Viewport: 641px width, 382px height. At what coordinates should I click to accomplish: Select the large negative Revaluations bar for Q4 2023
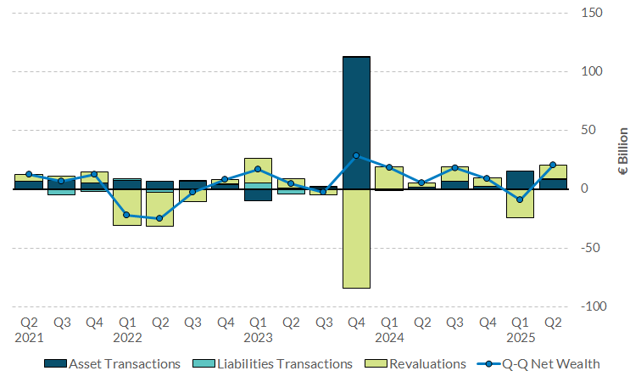356,239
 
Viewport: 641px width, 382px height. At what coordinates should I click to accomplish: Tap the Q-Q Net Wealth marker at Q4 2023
356,155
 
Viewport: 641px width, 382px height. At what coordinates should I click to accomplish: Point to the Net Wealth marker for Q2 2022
159,218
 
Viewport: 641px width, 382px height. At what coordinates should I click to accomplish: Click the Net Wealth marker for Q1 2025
520,199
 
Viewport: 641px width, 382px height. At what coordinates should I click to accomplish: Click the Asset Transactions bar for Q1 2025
520,179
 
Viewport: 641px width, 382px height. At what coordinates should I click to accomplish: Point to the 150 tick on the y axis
592,13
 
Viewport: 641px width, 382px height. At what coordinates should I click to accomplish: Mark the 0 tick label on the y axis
585,188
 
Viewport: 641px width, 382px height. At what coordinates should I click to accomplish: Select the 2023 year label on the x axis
259,336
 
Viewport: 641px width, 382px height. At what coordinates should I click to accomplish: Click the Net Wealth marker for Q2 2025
553,165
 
